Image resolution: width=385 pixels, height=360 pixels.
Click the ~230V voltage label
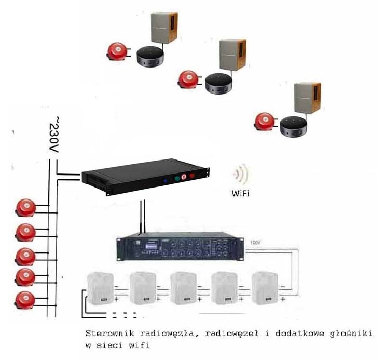coord(54,135)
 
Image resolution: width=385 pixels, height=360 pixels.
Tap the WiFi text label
coord(240,193)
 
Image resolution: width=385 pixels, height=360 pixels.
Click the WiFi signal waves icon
coord(241,174)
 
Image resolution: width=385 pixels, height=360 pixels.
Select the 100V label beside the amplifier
coord(255,243)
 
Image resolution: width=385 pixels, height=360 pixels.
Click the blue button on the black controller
coord(165,181)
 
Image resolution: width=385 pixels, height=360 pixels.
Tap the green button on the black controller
coord(177,178)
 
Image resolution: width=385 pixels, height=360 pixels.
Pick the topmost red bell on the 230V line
coord(25,208)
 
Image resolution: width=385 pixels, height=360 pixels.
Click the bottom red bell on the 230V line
coord(25,300)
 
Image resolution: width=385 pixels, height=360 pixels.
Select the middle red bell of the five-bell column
coord(25,257)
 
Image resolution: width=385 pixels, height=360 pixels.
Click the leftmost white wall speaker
coord(101,288)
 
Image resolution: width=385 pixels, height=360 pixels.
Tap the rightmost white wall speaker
coord(265,288)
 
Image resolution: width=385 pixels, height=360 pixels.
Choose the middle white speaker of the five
coord(183,288)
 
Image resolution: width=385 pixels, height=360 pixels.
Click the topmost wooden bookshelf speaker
coord(164,28)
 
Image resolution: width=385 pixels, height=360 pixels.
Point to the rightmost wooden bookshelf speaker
coord(307,98)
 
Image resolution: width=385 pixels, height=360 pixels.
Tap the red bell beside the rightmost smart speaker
coord(265,122)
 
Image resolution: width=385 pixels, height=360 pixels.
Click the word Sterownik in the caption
coord(110,334)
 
